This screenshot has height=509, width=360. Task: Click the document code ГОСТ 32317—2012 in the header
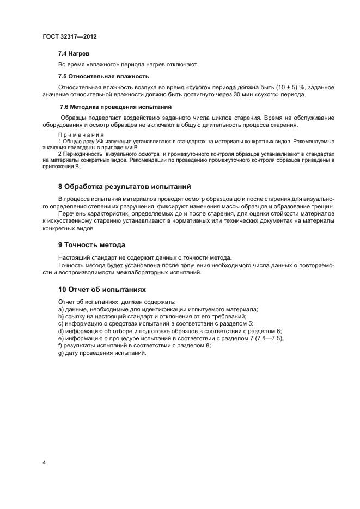[69, 37]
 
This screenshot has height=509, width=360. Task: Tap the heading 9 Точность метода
[91, 244]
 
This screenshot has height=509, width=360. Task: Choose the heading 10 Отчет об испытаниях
[102, 289]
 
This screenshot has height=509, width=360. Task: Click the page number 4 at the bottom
[44, 462]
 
